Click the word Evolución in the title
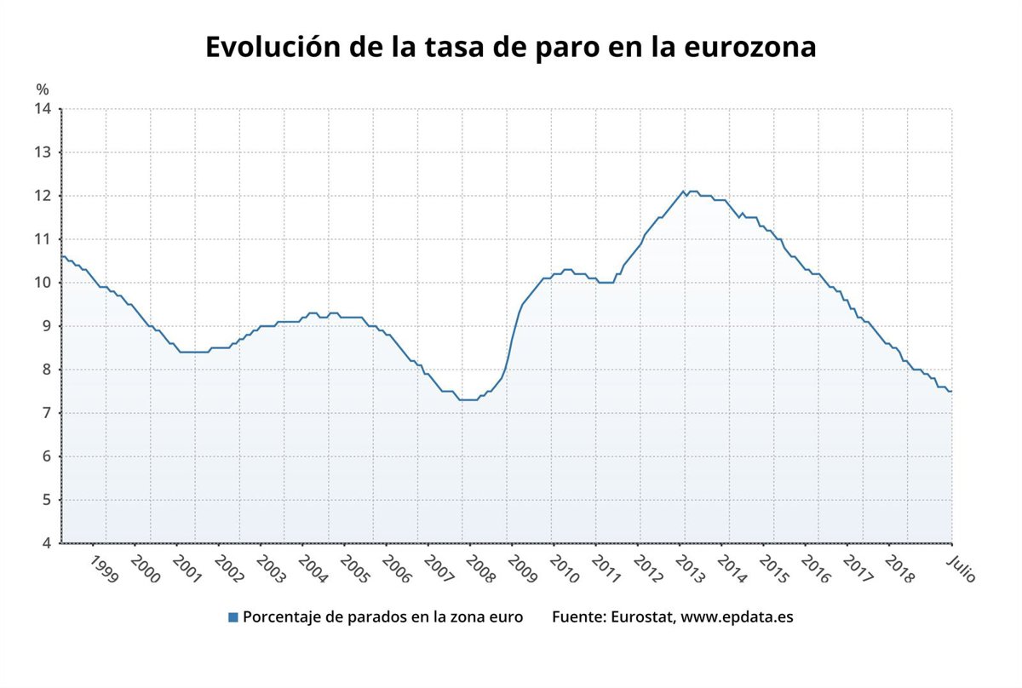coord(271,47)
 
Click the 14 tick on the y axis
coord(43,109)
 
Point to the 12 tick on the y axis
coord(43,196)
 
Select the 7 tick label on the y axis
coord(46,413)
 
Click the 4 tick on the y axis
coord(46,543)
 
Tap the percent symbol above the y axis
coord(43,89)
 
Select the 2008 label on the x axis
coord(479,569)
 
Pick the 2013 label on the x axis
coord(689,569)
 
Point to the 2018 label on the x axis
coord(899,569)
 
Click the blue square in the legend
coord(233,617)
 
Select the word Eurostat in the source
coord(643,616)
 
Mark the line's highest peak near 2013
coord(683,192)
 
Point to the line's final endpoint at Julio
coord(951,391)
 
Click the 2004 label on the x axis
coord(312,569)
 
